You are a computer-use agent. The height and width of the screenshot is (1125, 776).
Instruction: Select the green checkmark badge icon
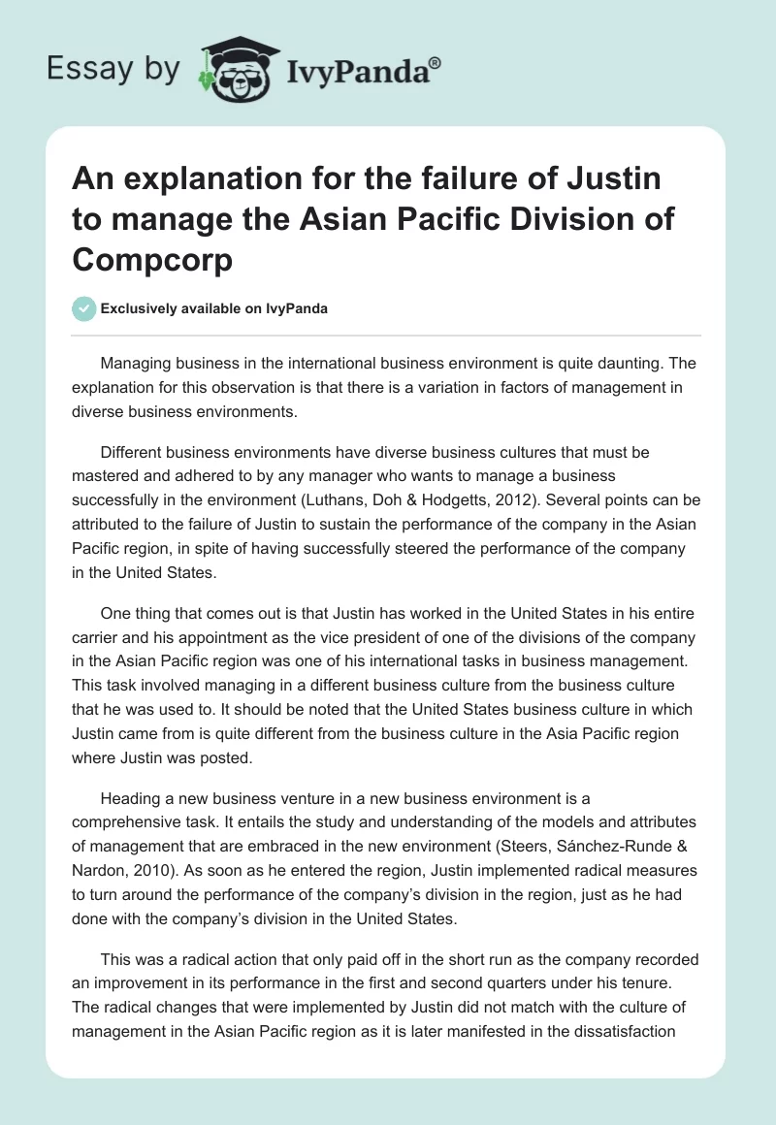(x=84, y=308)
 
